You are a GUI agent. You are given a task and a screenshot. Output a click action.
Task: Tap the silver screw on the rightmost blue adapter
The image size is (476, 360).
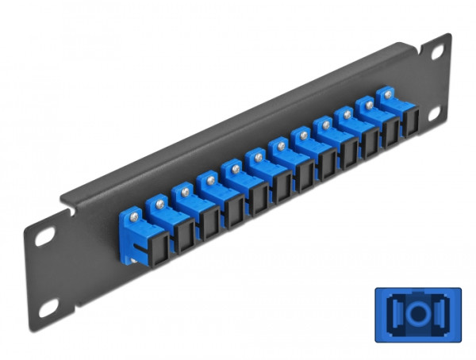(388, 94)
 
